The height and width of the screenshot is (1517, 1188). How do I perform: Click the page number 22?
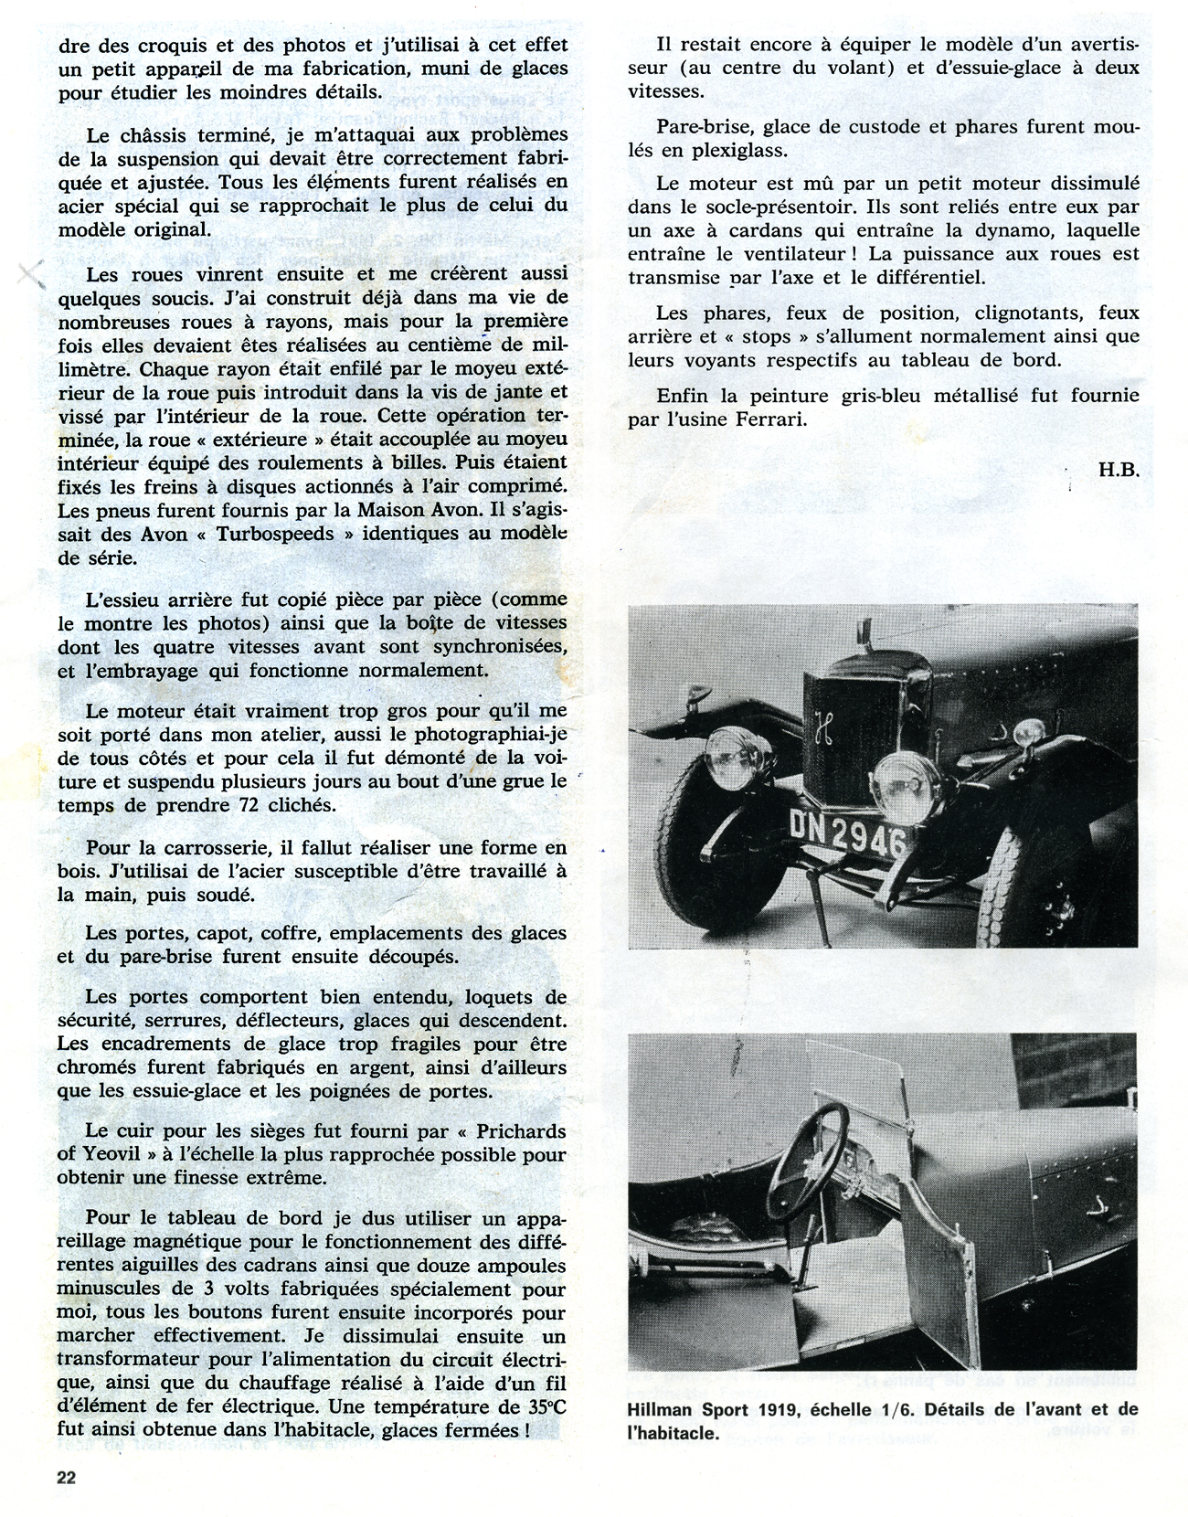coord(66,1478)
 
